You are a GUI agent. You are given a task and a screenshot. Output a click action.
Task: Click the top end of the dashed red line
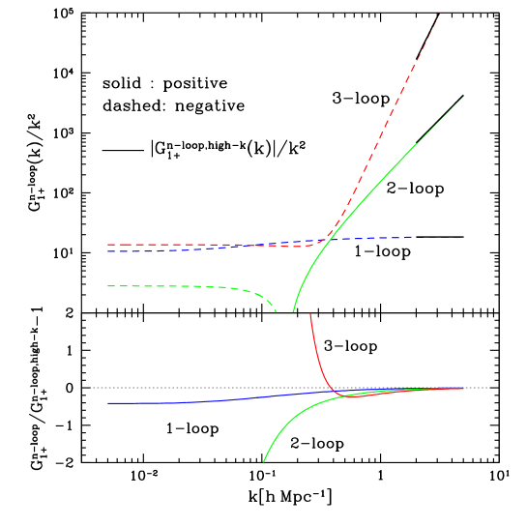point(440,13)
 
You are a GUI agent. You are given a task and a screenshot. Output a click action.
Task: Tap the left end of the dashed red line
point(108,245)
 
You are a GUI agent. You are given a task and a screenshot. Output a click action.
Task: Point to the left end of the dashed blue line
point(108,251)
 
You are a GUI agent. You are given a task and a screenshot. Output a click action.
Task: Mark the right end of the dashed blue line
point(415,236)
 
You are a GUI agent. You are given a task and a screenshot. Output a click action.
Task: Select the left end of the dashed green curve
point(108,286)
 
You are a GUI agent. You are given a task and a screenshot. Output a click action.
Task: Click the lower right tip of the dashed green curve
point(276,311)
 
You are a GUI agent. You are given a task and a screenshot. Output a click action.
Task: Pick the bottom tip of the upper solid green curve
point(292,311)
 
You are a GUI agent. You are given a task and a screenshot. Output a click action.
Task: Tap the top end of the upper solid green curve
point(463,97)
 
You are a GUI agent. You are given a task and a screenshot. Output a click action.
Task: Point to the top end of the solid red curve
point(309,313)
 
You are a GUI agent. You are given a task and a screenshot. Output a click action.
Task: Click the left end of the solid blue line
point(108,402)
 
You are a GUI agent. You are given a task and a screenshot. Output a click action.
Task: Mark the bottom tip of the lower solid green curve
point(263,462)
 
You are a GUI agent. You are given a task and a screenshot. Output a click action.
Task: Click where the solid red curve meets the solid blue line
point(335,392)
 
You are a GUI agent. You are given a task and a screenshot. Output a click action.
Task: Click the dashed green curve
point(193,286)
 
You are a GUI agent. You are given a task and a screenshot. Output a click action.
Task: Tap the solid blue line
point(193,401)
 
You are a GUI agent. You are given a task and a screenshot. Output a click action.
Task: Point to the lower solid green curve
point(290,421)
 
